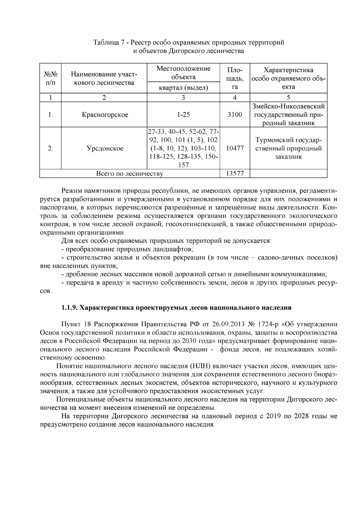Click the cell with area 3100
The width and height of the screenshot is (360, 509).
tap(235, 115)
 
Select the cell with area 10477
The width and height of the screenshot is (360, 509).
tap(235, 148)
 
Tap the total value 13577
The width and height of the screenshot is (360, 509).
tap(235, 174)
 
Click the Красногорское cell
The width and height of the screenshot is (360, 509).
tap(105, 115)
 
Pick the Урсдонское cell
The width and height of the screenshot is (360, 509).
tap(105, 148)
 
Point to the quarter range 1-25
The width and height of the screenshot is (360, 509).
tap(183, 115)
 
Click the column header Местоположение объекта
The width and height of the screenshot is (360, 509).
tap(183, 73)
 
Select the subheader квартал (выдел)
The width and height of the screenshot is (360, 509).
tap(183, 88)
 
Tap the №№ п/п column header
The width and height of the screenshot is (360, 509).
tap(50, 78)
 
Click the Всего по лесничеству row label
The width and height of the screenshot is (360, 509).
tap(129, 174)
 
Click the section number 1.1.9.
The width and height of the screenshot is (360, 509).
tap(70, 307)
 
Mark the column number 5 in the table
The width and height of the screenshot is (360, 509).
tap(288, 97)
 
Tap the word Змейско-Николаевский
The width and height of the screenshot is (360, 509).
tap(288, 106)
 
